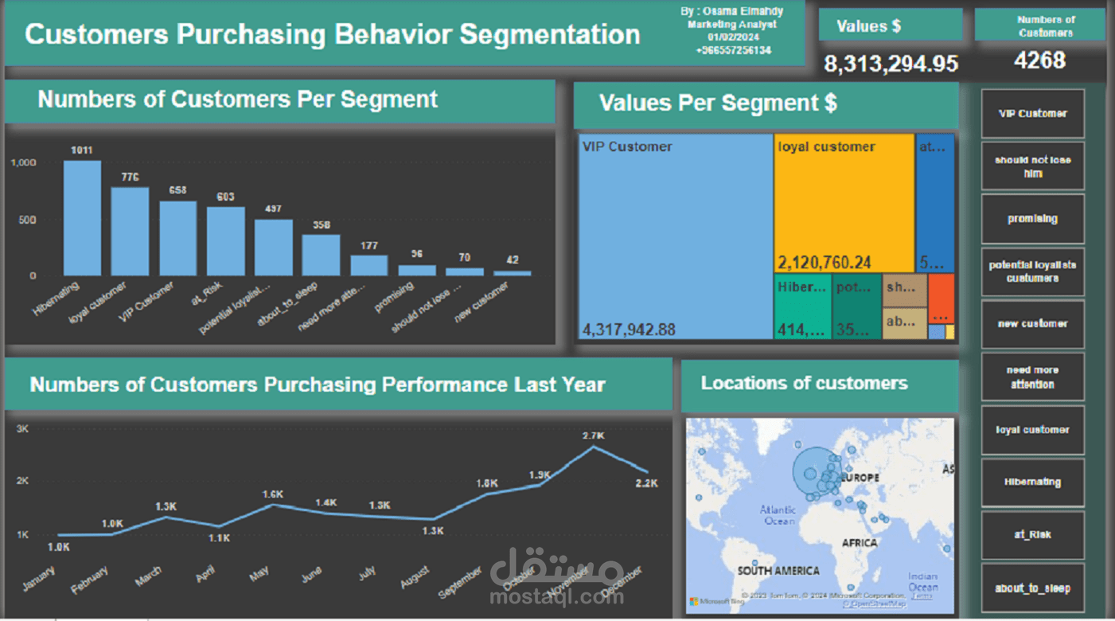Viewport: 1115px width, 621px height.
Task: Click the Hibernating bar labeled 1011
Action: coord(83,218)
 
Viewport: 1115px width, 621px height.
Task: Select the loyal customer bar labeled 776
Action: coord(130,232)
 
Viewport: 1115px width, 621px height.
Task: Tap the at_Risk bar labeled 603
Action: coord(226,241)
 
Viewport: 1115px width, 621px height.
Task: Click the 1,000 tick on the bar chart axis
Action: coord(24,162)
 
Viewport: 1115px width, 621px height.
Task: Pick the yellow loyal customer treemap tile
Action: coord(844,203)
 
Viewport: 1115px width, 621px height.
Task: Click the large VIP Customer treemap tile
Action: coord(675,236)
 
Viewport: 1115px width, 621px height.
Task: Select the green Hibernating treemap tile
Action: coord(802,307)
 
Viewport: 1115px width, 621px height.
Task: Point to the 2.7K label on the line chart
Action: coord(593,436)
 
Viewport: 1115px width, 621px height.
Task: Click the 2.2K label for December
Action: coord(647,483)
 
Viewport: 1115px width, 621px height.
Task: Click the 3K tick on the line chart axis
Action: coord(22,428)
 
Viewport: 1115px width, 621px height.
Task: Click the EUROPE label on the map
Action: coord(860,478)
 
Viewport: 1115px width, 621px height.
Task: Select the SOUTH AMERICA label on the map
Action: coord(778,571)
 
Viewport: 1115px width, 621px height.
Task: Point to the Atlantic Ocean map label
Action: coord(778,515)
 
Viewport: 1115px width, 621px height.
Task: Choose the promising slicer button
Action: coord(1032,219)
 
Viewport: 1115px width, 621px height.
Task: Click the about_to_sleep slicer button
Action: coord(1032,588)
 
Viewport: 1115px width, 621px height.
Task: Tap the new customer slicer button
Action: coord(1032,324)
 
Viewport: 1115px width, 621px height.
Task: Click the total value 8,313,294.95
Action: coord(891,64)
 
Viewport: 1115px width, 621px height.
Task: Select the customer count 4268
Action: coord(1039,61)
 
